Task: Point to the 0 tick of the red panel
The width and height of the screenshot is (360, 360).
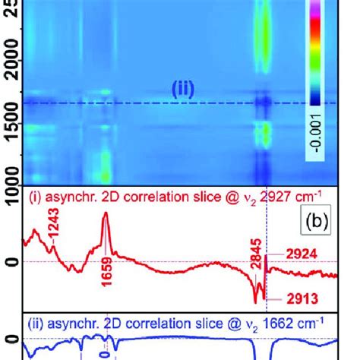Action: (x=8, y=264)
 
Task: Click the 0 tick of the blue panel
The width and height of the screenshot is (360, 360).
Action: (x=8, y=339)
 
